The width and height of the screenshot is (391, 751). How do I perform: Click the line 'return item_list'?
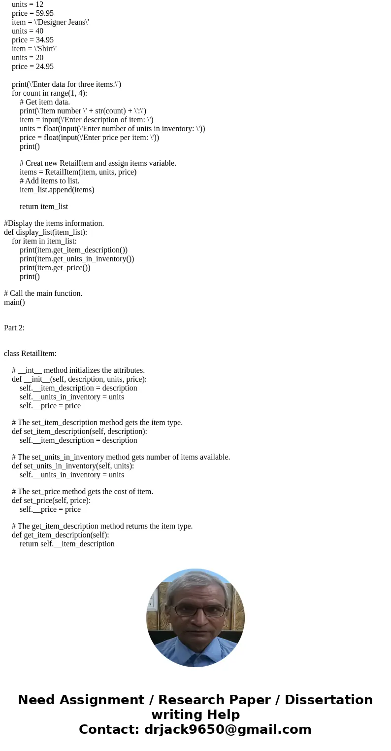[x=44, y=207]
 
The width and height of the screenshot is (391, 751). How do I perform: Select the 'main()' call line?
[x=14, y=302]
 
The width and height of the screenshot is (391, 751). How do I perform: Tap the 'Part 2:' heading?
[x=14, y=328]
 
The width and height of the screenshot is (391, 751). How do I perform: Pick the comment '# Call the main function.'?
[x=43, y=293]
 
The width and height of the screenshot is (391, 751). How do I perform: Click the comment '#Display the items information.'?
[x=54, y=223]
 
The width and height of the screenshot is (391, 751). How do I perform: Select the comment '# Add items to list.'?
[x=49, y=181]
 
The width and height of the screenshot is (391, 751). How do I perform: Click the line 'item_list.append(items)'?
[x=57, y=190]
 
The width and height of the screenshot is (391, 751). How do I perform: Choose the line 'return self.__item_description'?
[x=67, y=544]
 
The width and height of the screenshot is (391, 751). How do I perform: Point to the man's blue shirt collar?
[x=195, y=651]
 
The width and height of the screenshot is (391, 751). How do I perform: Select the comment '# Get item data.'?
[x=45, y=102]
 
